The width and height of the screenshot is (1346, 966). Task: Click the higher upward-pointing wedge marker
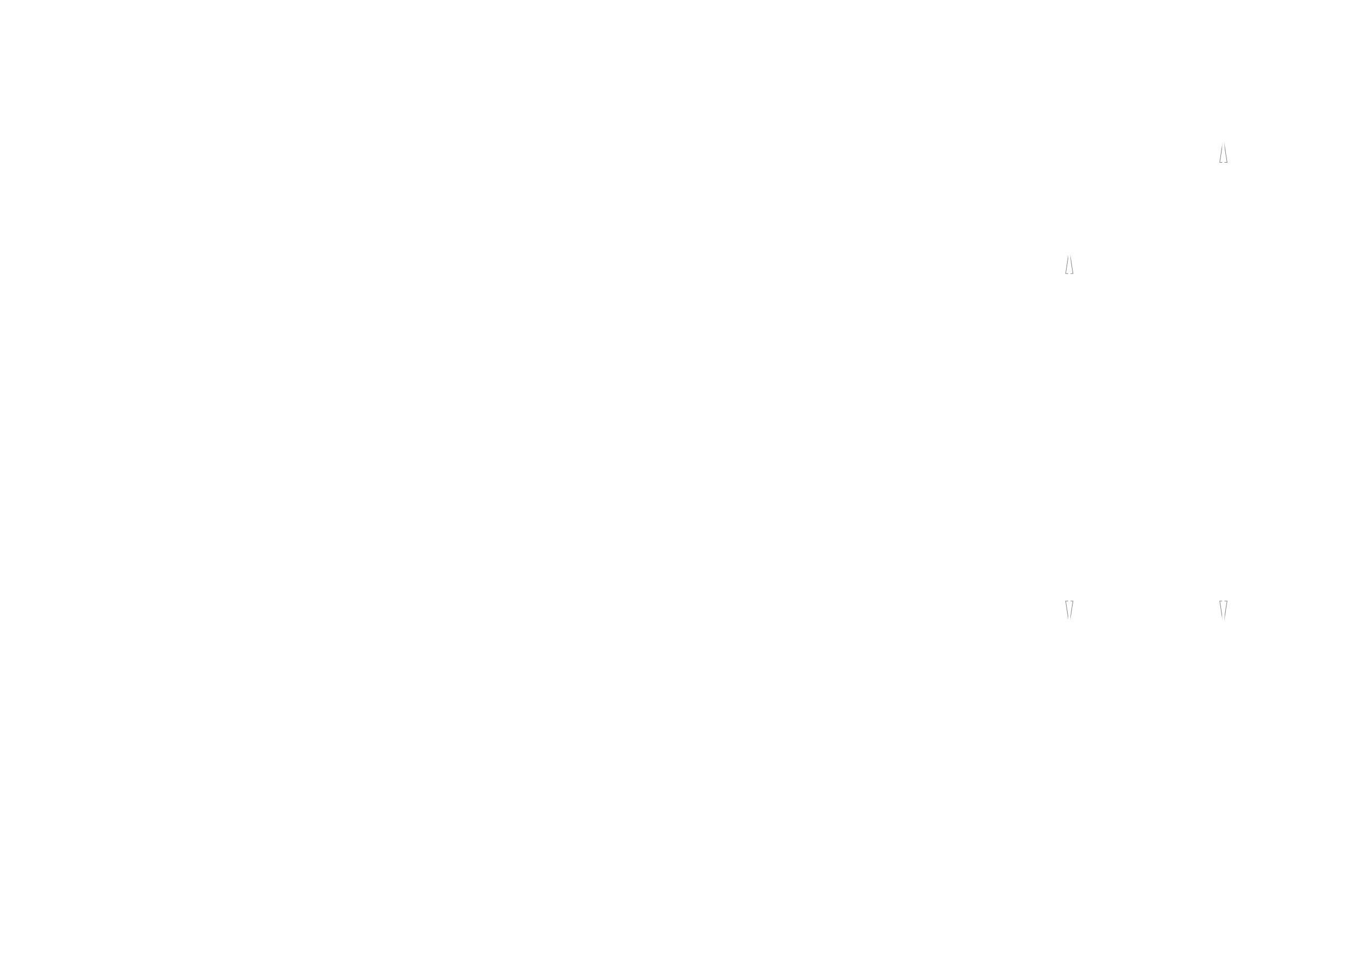point(1223,154)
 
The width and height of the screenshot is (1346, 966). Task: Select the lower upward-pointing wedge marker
point(1069,265)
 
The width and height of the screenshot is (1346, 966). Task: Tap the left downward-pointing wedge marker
point(1069,610)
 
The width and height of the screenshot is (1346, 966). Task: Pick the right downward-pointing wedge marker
point(1223,610)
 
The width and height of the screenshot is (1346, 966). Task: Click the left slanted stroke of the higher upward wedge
point(1221,154)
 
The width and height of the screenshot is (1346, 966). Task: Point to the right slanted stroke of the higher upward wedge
point(1225,154)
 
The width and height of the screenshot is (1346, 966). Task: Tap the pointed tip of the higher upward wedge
point(1223,144)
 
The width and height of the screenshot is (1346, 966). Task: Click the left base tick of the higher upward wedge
point(1220,162)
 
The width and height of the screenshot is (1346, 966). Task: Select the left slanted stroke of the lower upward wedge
point(1067,265)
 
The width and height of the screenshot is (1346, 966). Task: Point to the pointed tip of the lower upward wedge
point(1069,256)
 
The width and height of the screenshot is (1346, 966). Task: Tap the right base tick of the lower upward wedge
point(1073,274)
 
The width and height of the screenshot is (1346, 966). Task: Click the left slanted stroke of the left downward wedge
point(1067,610)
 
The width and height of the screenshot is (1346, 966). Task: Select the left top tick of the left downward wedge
point(1066,602)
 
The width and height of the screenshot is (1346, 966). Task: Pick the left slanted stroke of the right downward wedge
point(1222,610)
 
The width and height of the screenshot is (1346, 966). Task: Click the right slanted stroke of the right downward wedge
point(1225,610)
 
